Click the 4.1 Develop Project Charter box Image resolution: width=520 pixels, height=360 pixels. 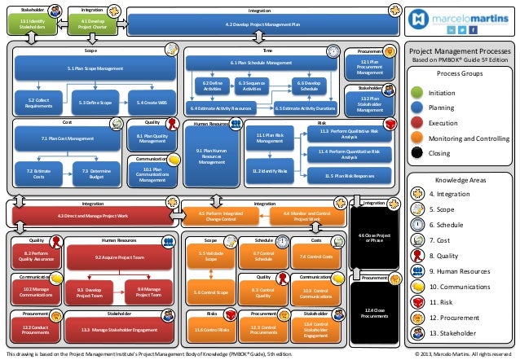90,24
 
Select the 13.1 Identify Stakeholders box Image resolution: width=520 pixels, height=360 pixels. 33,24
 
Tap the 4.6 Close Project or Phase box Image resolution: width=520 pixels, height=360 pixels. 374,237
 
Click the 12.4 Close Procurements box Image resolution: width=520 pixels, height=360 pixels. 374,313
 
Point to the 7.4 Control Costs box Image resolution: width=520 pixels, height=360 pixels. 315,257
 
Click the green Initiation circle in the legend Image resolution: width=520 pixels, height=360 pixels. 417,92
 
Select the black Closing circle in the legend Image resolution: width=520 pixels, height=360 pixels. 417,151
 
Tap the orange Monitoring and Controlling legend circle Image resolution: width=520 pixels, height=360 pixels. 417,137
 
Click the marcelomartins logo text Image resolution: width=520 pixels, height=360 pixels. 469,16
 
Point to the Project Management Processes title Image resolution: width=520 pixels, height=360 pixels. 461,50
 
